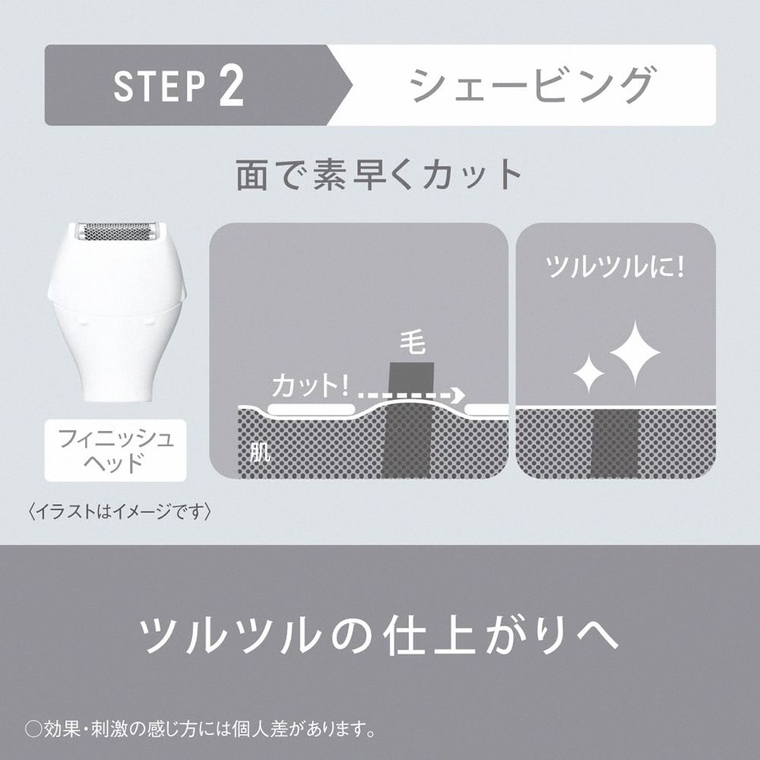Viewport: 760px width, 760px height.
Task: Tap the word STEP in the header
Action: (x=160, y=87)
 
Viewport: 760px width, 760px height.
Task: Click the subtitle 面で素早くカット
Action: (x=378, y=175)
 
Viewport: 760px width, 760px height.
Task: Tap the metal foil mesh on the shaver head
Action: (x=116, y=232)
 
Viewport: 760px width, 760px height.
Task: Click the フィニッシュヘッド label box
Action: (x=116, y=450)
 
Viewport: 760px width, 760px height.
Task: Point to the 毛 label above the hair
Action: (x=413, y=344)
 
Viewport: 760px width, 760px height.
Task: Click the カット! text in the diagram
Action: (x=310, y=385)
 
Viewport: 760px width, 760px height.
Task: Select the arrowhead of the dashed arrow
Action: (x=458, y=395)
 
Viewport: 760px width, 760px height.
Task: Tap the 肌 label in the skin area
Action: (x=260, y=451)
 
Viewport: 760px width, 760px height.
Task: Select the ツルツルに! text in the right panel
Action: (x=615, y=267)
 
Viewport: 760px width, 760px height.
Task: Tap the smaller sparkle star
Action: (x=589, y=373)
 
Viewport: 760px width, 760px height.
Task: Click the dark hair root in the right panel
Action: (x=616, y=442)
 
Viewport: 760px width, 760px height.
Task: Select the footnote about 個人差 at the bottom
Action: (x=200, y=729)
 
